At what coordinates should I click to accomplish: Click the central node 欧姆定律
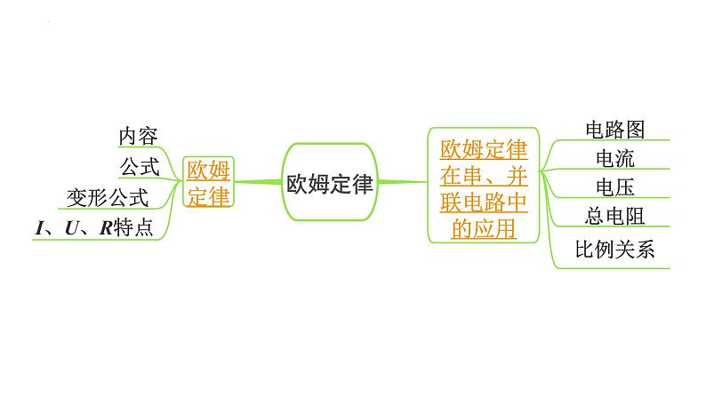coord(330,183)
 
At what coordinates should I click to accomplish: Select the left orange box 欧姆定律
coord(208,183)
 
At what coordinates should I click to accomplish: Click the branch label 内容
coord(139,136)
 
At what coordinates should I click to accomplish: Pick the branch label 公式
coord(140,165)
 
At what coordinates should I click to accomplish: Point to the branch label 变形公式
coord(108,196)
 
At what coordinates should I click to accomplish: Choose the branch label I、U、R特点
coord(94,227)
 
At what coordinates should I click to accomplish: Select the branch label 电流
coord(614,159)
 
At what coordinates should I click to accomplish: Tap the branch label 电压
coord(614,187)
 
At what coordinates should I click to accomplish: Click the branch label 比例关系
coord(614,250)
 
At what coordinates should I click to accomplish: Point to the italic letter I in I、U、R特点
coord(39,228)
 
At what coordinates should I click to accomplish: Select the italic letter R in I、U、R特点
coord(104,228)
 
